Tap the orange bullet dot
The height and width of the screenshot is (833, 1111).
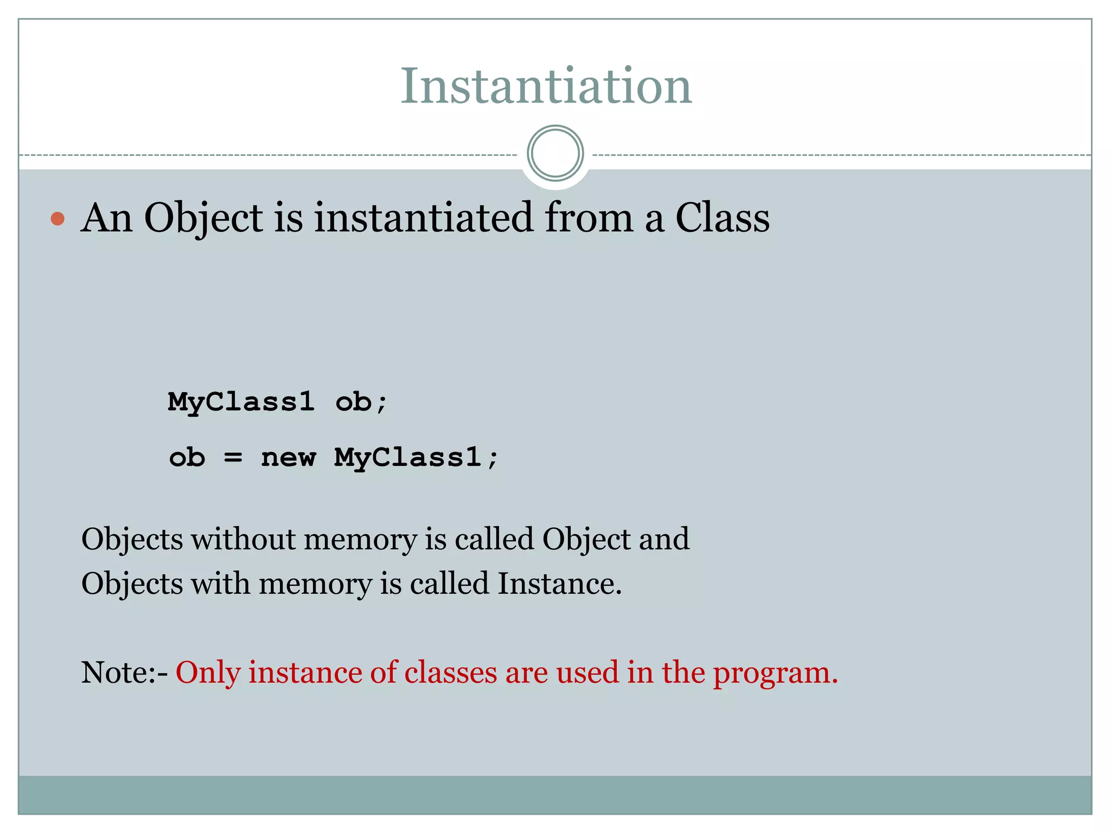pyautogui.click(x=58, y=219)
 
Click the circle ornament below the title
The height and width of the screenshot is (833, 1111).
pyautogui.click(x=555, y=153)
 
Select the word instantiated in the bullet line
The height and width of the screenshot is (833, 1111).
pyautogui.click(x=424, y=217)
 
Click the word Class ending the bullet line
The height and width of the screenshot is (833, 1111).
pyautogui.click(x=722, y=217)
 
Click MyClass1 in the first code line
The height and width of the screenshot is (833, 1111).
pyautogui.click(x=241, y=402)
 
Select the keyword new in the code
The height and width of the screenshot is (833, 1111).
pyautogui.click(x=288, y=457)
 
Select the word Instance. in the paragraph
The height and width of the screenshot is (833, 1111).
pyautogui.click(x=559, y=584)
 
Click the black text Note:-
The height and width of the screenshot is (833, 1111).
pyautogui.click(x=124, y=672)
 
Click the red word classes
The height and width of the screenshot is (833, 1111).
pyautogui.click(x=450, y=672)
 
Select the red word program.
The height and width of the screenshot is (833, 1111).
pyautogui.click(x=775, y=672)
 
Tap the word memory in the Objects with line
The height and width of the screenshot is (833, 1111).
pyautogui.click(x=315, y=584)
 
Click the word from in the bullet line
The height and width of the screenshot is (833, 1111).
pyautogui.click(x=589, y=217)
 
